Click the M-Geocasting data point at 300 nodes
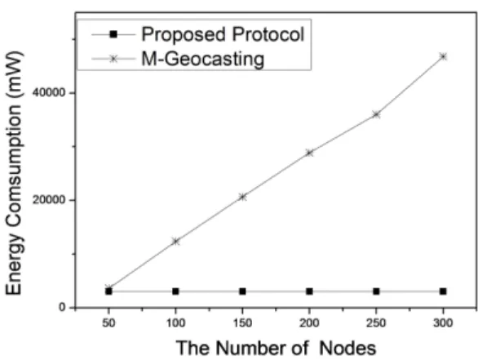[443, 56]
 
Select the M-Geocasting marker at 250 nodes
[377, 115]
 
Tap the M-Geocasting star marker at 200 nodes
[309, 153]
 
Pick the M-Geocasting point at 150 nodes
[242, 197]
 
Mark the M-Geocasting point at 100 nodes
[175, 242]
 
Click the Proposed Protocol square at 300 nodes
[443, 291]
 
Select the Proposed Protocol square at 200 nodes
[309, 291]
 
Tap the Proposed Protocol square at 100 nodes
[175, 291]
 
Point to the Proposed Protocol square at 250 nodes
[377, 291]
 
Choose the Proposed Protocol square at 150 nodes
[242, 291]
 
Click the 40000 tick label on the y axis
[49, 93]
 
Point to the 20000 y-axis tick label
[49, 200]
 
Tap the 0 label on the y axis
[62, 307]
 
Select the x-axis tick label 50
[108, 322]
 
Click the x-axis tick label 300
[443, 322]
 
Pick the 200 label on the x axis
[309, 322]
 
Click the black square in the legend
[113, 34]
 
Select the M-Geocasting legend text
[203, 59]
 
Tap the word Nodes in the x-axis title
[347, 348]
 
